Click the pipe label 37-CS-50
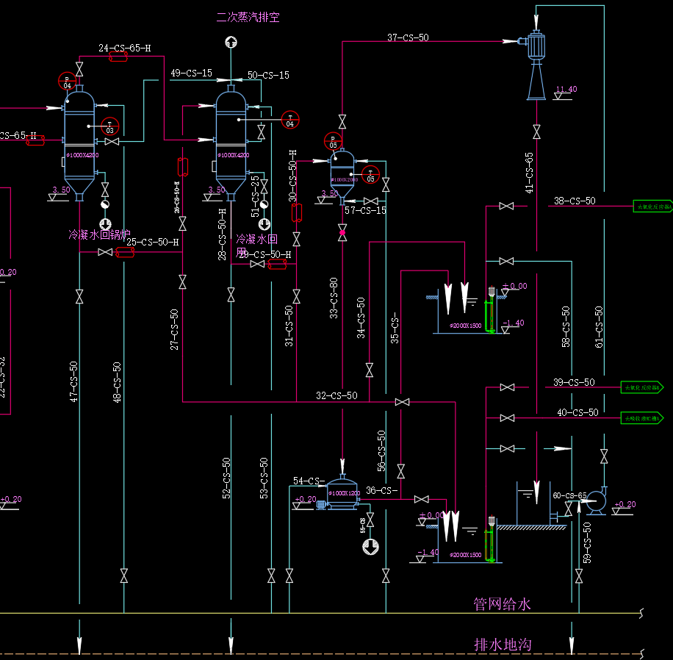coord(408,37)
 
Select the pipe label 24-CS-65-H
coord(125,49)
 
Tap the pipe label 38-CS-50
coord(575,201)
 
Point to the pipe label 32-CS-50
coord(336,395)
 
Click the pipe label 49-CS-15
coord(191,73)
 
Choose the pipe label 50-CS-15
coord(268,75)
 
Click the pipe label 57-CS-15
coord(365,211)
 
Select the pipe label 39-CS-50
coord(574,382)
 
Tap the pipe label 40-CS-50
coord(577,413)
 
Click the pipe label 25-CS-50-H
coord(153,242)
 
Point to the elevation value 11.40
coord(566,90)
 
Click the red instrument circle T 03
coord(110,126)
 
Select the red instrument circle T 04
coord(290,119)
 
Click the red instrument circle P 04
coord(68,81)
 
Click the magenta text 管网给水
coord(502,604)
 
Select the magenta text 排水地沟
coord(503,645)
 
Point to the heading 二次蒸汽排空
coord(248,17)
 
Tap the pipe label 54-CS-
coord(309,481)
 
